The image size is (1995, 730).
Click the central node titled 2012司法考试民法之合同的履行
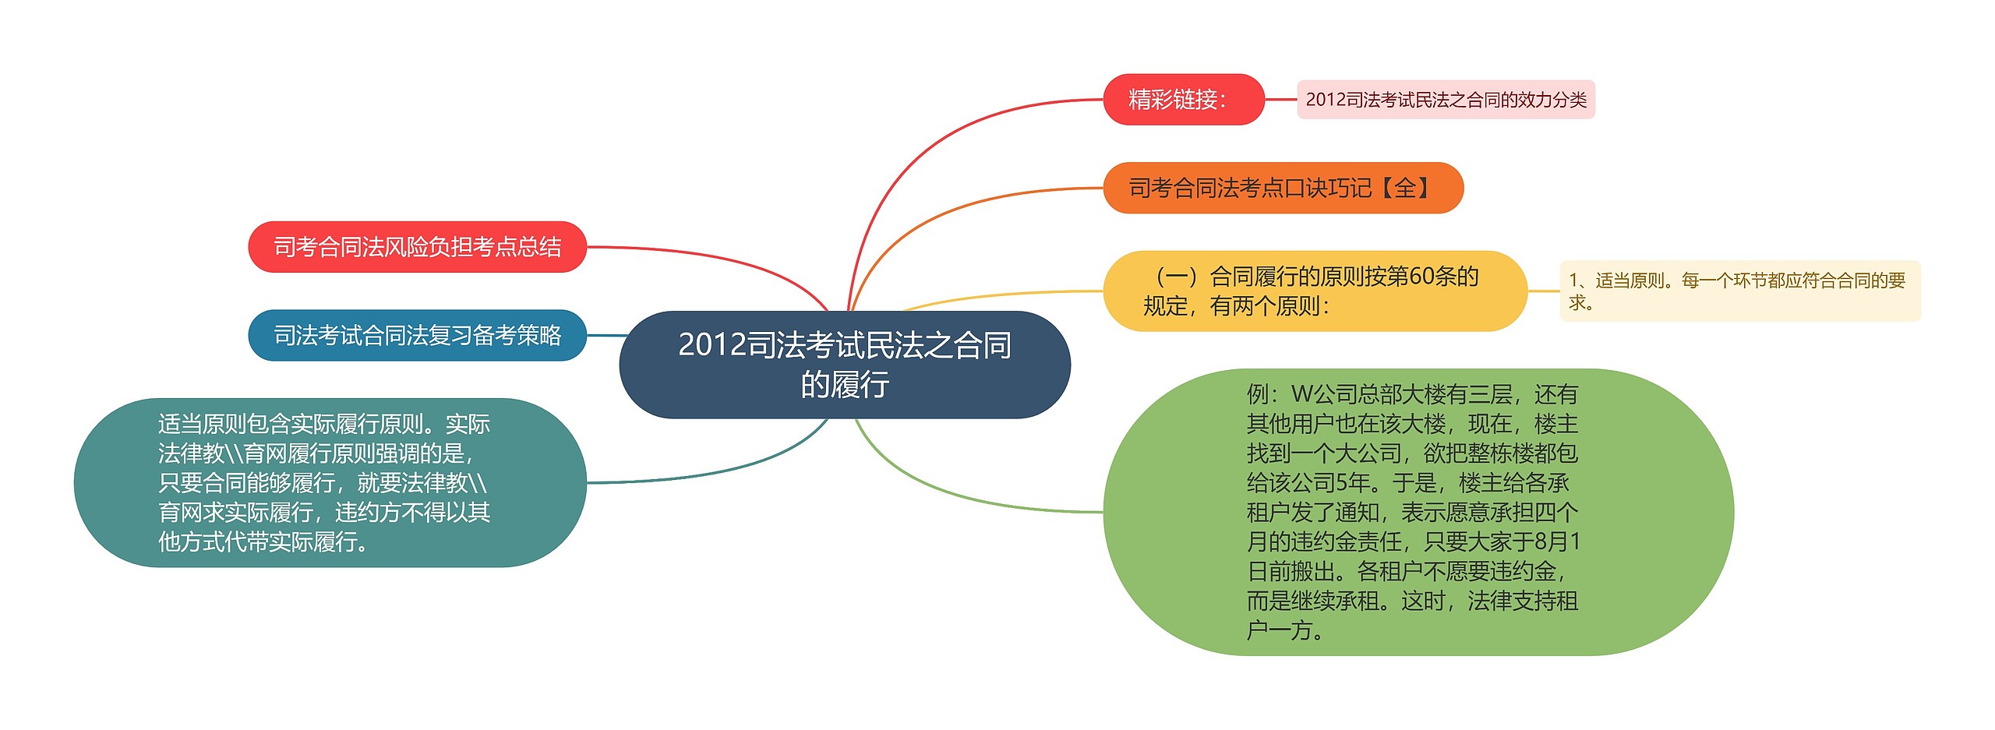click(x=844, y=365)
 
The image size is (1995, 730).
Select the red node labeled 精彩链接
click(x=1182, y=100)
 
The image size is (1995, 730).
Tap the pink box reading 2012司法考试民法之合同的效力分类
click(x=1446, y=100)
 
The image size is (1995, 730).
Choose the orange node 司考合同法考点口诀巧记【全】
click(x=1282, y=188)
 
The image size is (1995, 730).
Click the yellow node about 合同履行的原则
click(x=1314, y=291)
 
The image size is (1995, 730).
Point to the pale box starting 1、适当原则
click(x=1739, y=291)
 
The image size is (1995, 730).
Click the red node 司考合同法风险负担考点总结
click(x=417, y=247)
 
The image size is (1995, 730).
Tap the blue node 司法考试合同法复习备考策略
click(x=417, y=336)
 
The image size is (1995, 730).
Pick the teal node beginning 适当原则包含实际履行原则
click(x=329, y=483)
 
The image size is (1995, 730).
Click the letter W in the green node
click(x=1301, y=394)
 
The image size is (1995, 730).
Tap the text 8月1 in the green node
click(x=1556, y=541)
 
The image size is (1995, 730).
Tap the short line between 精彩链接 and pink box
click(x=1280, y=100)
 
